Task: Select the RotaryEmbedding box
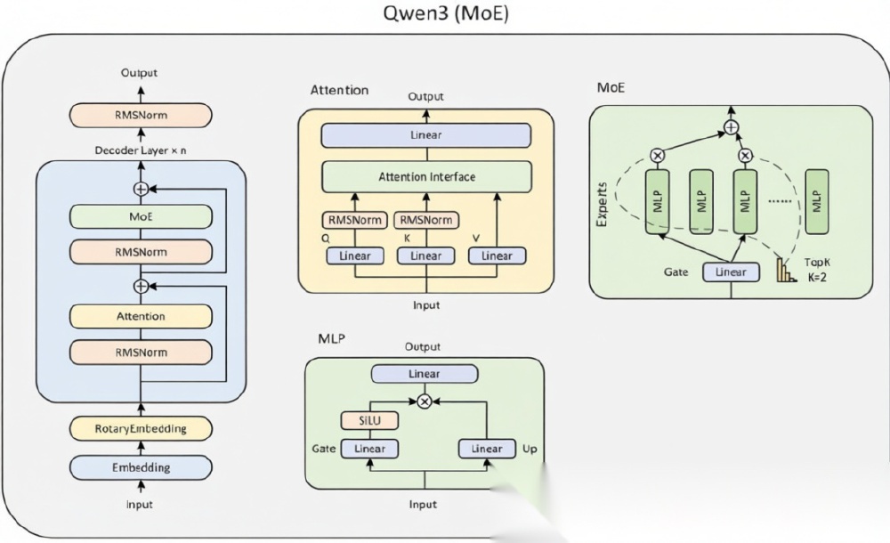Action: pyautogui.click(x=141, y=428)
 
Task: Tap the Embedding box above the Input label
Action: pyautogui.click(x=141, y=466)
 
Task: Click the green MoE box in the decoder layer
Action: pyautogui.click(x=141, y=215)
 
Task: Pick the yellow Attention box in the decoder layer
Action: pyautogui.click(x=141, y=316)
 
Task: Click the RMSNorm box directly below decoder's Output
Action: pyautogui.click(x=141, y=115)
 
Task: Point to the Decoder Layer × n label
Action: pyautogui.click(x=141, y=150)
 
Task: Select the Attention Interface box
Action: pyautogui.click(x=426, y=176)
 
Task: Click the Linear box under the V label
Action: pyautogui.click(x=497, y=255)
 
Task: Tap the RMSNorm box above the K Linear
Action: pyautogui.click(x=425, y=220)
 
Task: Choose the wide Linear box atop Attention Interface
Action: pyautogui.click(x=426, y=135)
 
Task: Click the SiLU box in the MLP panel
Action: pyautogui.click(x=369, y=420)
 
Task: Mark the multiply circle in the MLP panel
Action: pyautogui.click(x=425, y=401)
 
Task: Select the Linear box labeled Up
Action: pyautogui.click(x=487, y=449)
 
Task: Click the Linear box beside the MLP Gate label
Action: pyautogui.click(x=369, y=449)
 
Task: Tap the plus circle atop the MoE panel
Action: pyautogui.click(x=731, y=127)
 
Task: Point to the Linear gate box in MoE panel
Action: pyautogui.click(x=731, y=271)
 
